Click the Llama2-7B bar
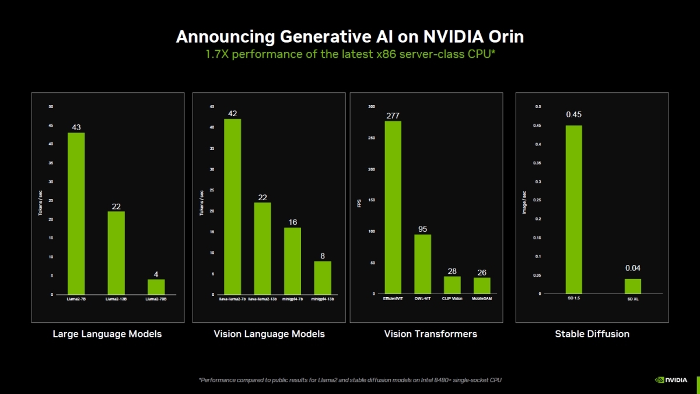tap(76, 214)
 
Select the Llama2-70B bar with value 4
tap(156, 287)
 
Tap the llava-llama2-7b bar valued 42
tap(232, 207)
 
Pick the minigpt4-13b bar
tap(323, 277)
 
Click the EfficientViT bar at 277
tap(393, 207)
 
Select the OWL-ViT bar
tap(422, 264)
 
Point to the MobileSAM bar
tap(482, 285)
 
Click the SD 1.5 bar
tap(573, 210)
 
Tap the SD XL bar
tap(633, 286)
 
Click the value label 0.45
tap(573, 114)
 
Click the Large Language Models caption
tap(107, 334)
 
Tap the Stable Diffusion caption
tap(592, 334)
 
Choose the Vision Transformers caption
tap(430, 334)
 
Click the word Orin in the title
tap(504, 36)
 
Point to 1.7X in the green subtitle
tap(216, 54)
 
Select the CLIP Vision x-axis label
tap(452, 298)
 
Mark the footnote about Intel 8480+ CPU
tap(350, 380)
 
